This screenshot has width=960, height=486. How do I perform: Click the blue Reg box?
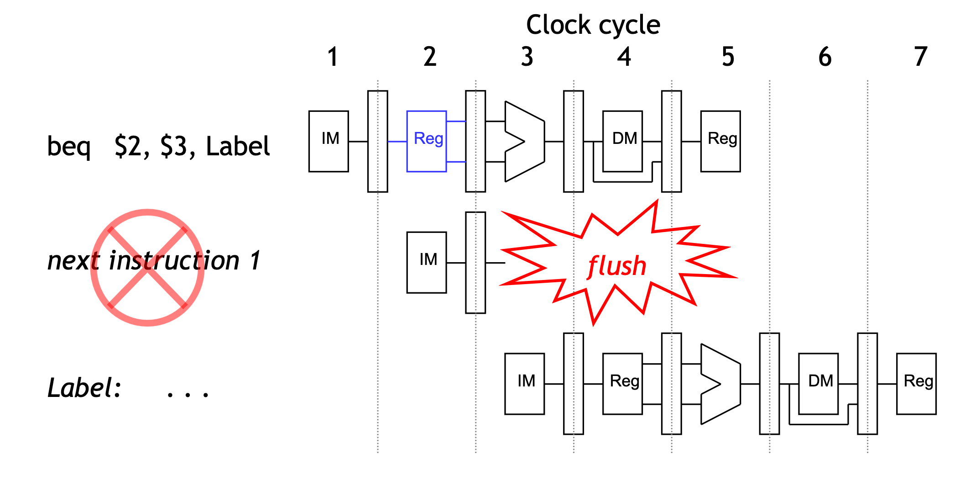pyautogui.click(x=426, y=141)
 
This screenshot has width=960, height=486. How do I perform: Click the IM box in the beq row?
pyautogui.click(x=329, y=141)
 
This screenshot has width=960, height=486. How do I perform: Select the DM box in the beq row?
pyautogui.click(x=622, y=141)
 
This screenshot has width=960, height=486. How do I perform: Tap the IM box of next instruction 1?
pyautogui.click(x=426, y=262)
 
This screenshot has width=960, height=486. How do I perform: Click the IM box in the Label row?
pyautogui.click(x=524, y=384)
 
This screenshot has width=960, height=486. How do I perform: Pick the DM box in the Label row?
pyautogui.click(x=818, y=384)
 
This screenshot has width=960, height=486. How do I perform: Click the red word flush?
pyautogui.click(x=617, y=266)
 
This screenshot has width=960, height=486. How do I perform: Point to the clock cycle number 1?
pyautogui.click(x=333, y=57)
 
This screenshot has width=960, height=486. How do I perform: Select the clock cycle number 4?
pyautogui.click(x=624, y=57)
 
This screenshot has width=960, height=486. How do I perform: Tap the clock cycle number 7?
pyautogui.click(x=921, y=57)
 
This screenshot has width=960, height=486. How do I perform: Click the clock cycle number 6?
pyautogui.click(x=824, y=57)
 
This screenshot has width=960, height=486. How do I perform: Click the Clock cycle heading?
pyautogui.click(x=593, y=25)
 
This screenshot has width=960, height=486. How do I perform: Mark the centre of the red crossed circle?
pyautogui.click(x=147, y=268)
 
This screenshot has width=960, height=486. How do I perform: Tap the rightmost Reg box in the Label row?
pyautogui.click(x=916, y=384)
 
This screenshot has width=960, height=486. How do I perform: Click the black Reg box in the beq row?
pyautogui.click(x=720, y=141)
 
